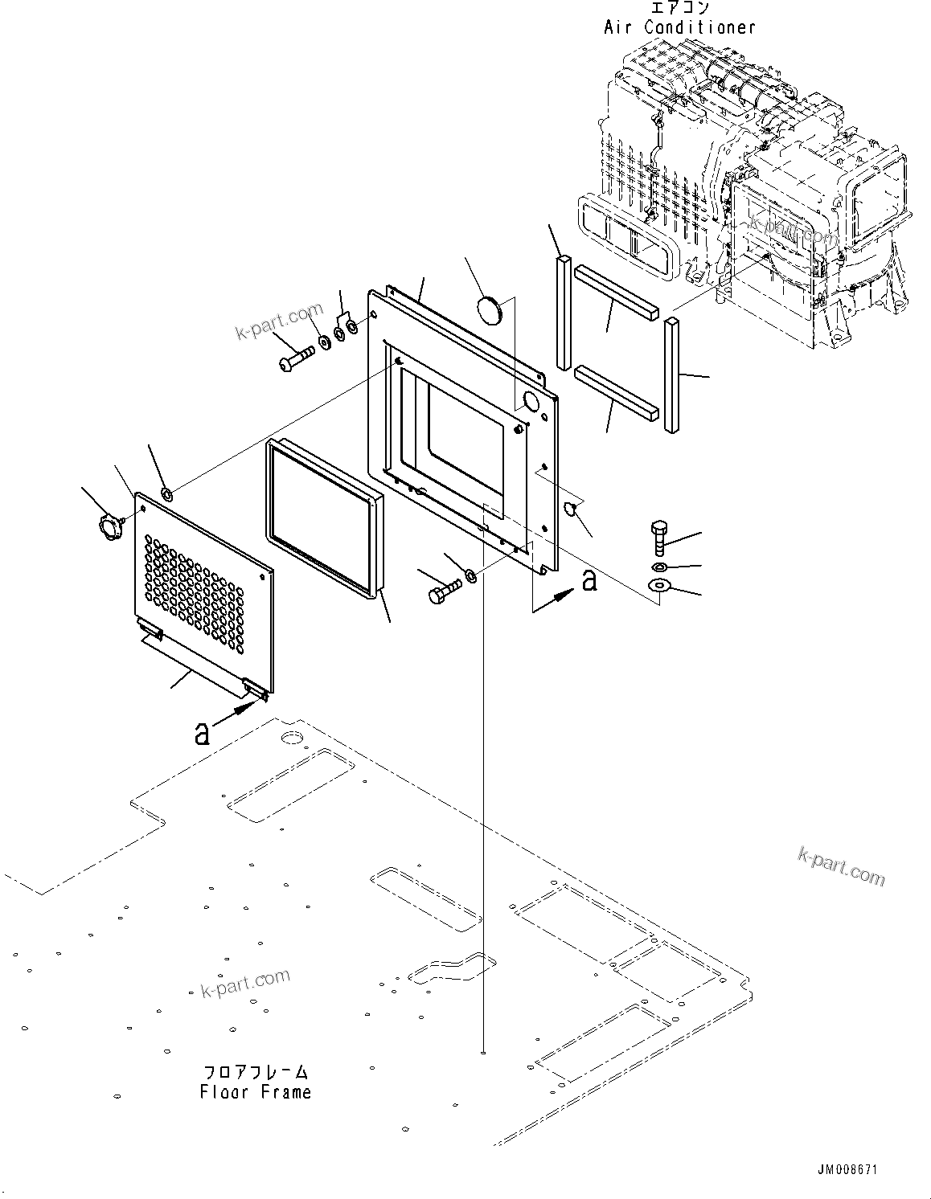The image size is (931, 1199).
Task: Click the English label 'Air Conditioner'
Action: (x=679, y=27)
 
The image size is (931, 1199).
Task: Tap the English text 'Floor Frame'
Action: (x=255, y=1091)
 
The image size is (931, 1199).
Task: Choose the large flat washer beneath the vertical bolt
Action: (x=659, y=587)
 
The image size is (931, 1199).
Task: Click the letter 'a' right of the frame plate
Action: (x=590, y=579)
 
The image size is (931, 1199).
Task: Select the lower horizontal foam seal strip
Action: (x=616, y=393)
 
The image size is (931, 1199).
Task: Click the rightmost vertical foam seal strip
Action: (x=671, y=374)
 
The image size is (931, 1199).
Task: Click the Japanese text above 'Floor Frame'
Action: (x=255, y=1071)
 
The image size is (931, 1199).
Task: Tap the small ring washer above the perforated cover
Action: (x=166, y=493)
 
